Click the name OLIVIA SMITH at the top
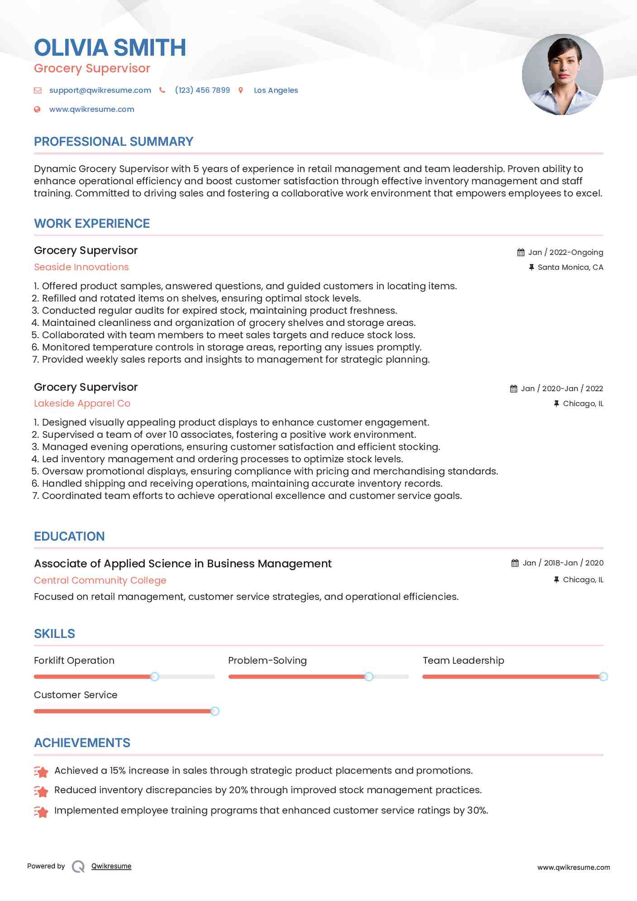[x=110, y=48]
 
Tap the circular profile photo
[x=562, y=75]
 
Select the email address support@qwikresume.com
[x=100, y=90]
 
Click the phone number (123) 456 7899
[x=202, y=90]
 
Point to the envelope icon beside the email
[x=38, y=91]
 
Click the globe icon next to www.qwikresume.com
[x=38, y=109]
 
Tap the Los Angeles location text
[x=276, y=90]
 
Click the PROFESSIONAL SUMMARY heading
[x=114, y=142]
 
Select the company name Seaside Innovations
[x=81, y=267]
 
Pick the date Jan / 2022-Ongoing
[x=565, y=252]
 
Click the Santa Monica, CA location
[x=570, y=267]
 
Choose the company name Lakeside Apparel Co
[x=82, y=403]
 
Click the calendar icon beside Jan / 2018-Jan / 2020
[x=515, y=563]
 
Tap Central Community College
[x=100, y=580]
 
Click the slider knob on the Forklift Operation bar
[x=154, y=676]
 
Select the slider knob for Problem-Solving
[x=369, y=676]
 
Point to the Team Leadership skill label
[x=463, y=661]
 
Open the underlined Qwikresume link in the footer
[x=111, y=866]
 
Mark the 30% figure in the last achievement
[x=477, y=810]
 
